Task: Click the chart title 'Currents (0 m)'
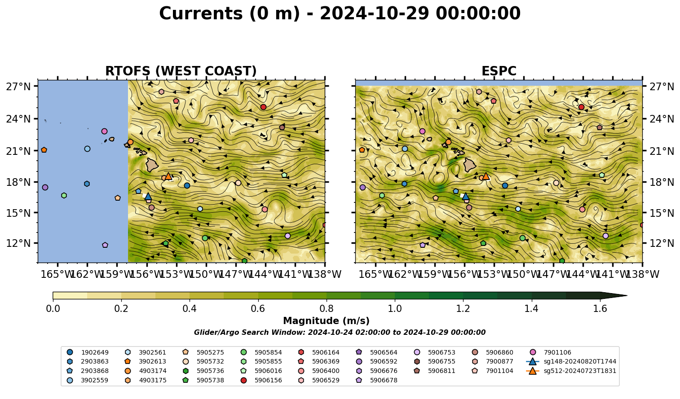click(x=230, y=14)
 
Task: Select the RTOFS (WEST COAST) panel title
click(x=181, y=71)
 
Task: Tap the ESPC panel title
click(x=499, y=71)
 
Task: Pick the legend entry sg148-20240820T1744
click(x=571, y=361)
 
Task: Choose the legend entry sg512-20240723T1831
click(x=571, y=371)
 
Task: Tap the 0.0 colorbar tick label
click(x=53, y=309)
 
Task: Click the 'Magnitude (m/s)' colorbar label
click(x=326, y=321)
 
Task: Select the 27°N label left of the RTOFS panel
click(x=18, y=87)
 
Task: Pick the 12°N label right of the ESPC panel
click(x=662, y=243)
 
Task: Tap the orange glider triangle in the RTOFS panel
click(x=168, y=176)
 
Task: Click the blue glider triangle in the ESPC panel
click(x=466, y=196)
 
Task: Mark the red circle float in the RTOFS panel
click(x=263, y=107)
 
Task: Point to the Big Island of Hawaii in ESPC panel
click(x=469, y=165)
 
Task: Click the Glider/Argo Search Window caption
click(x=340, y=332)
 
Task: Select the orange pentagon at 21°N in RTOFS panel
click(x=44, y=150)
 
